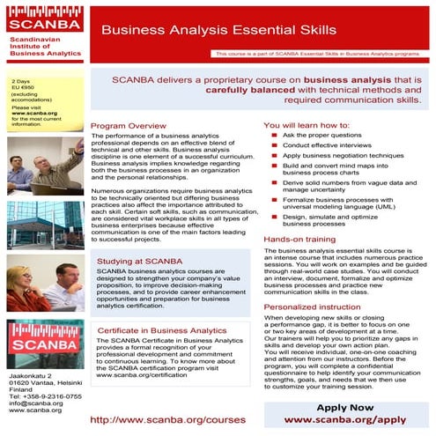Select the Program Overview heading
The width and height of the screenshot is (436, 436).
pyautogui.click(x=129, y=126)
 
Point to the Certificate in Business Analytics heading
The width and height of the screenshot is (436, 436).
pyautogui.click(x=158, y=330)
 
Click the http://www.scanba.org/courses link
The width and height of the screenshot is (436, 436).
pyautogui.click(x=167, y=420)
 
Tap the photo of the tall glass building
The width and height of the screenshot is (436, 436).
pyautogui.click(x=45, y=225)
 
